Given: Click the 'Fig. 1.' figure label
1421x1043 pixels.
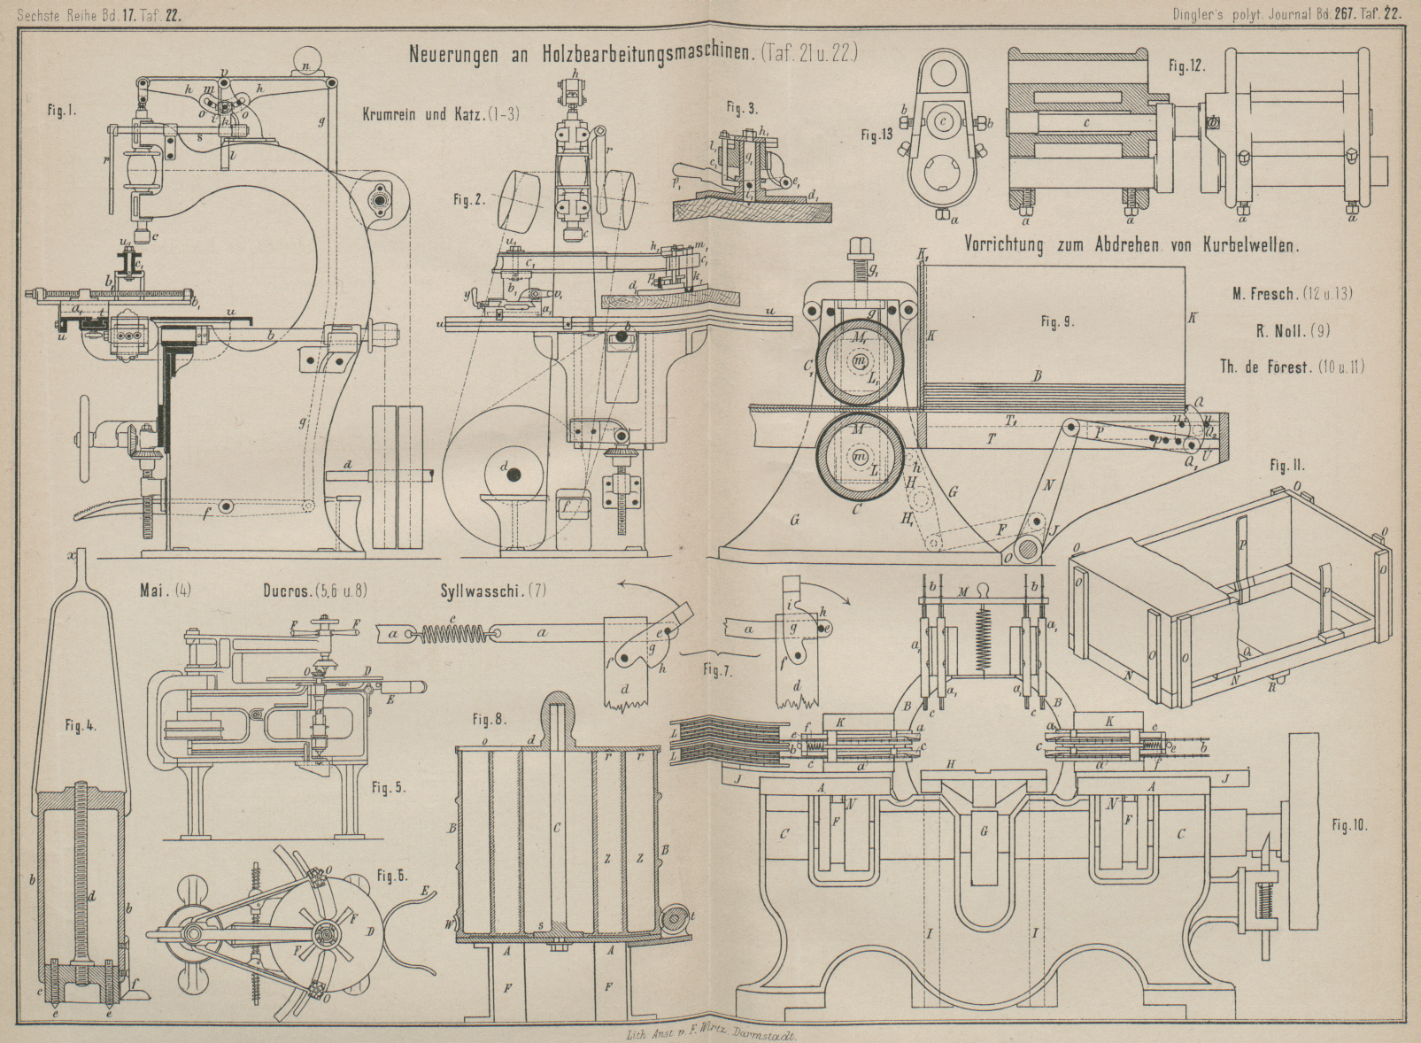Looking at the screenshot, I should pos(61,112).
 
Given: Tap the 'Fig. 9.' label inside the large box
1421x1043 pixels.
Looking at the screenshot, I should pos(1057,322).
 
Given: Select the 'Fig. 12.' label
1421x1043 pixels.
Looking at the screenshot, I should pos(1186,66).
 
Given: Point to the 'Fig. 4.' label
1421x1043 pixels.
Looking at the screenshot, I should pos(80,726).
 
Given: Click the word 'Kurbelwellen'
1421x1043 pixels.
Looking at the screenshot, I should pos(1250,246).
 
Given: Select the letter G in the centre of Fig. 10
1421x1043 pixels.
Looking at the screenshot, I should pos(985,831).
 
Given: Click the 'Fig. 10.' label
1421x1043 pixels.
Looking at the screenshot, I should pos(1349,825).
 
